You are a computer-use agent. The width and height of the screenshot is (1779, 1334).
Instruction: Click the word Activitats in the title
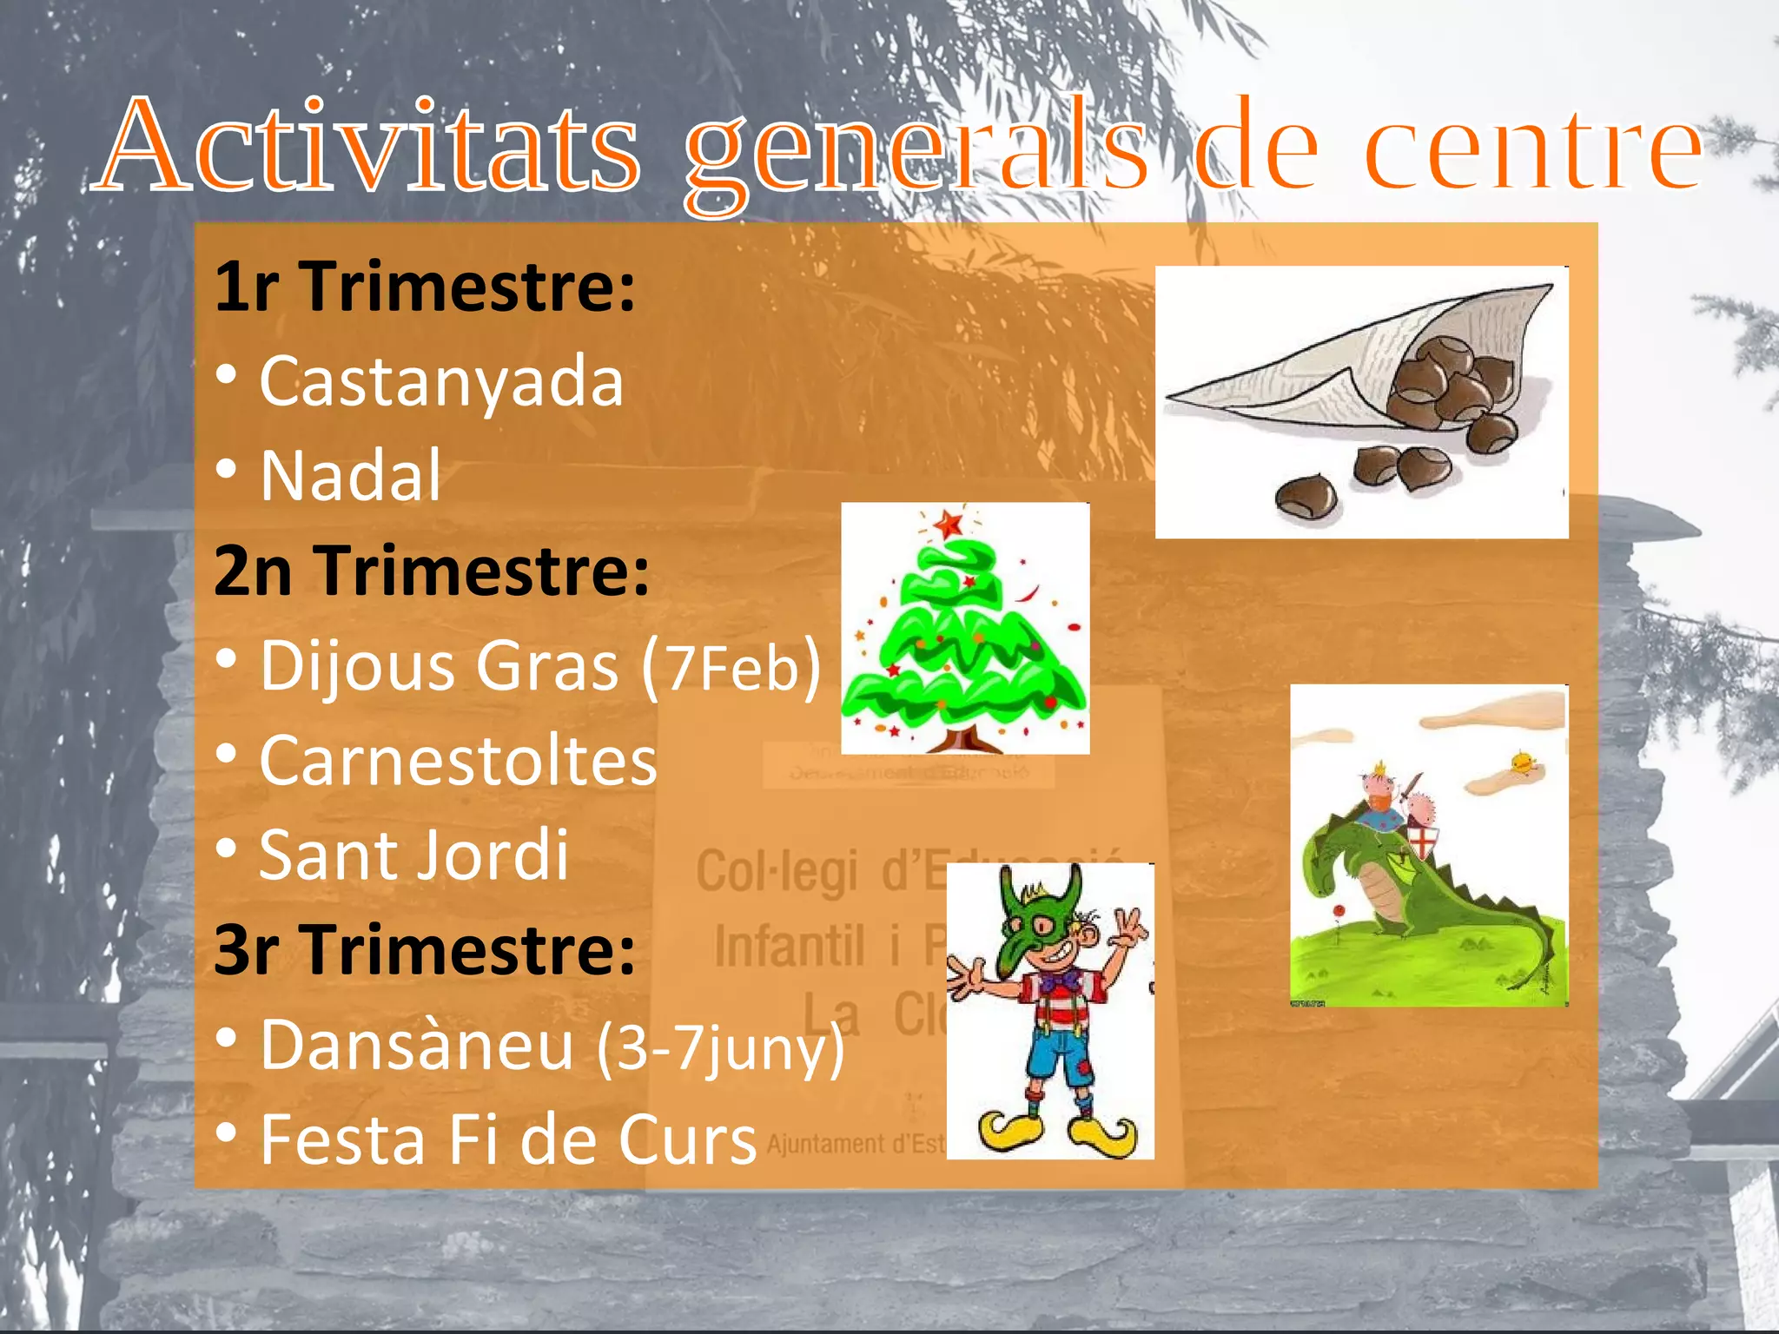370,146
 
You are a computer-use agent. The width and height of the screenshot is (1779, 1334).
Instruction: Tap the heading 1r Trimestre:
425,287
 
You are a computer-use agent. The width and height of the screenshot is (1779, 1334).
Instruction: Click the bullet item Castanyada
441,382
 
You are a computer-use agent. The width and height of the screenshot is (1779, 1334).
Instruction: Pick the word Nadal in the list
351,477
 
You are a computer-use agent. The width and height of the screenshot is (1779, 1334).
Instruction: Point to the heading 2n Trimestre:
432,571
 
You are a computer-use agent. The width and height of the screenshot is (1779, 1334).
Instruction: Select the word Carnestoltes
458,762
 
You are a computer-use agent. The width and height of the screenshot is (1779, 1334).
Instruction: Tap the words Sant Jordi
413,856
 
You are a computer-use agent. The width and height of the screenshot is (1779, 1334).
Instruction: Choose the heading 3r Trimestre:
425,950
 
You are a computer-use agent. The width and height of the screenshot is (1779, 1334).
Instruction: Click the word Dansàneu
417,1046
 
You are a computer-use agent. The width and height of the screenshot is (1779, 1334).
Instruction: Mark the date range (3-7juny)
720,1048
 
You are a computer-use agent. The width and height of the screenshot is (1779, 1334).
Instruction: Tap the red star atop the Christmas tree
949,524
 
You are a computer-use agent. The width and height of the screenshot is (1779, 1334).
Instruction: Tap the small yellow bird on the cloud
1521,763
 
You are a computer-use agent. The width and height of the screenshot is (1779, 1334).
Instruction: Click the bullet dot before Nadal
226,469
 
